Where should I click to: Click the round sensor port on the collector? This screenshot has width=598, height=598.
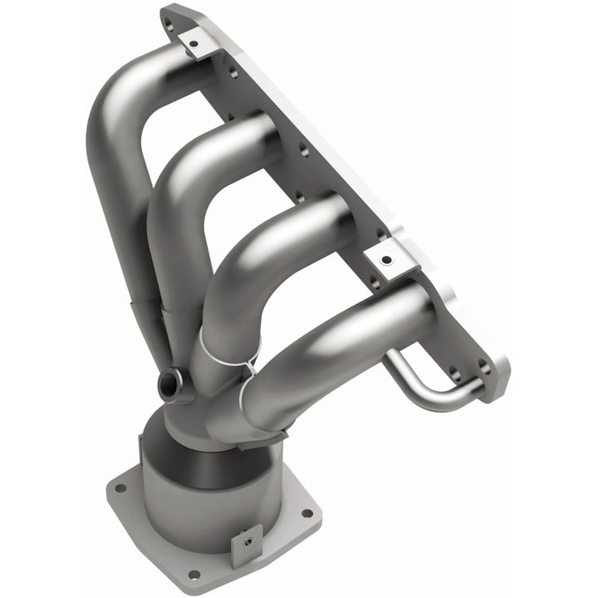169,384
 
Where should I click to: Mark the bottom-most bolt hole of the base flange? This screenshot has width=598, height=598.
194,574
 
